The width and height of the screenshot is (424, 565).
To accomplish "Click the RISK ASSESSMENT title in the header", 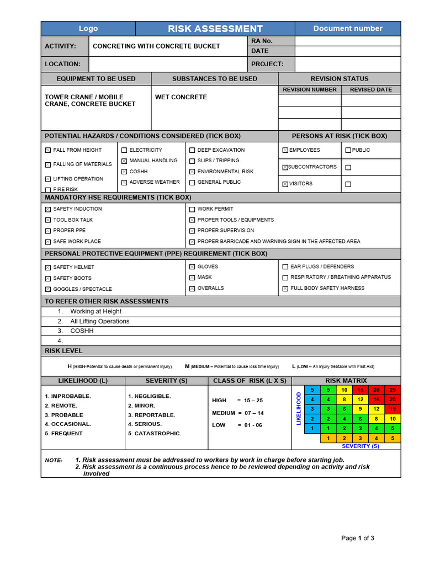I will pos(215,29).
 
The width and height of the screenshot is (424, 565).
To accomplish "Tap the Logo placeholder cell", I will pos(88,29).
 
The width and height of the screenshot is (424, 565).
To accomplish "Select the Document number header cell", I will pos(348,29).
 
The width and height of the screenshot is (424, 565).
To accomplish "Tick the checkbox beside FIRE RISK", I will pos(48,190).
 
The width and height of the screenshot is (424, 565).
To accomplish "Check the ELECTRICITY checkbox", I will pos(124,150).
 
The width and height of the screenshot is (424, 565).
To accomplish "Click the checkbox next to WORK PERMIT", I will pos(192,209).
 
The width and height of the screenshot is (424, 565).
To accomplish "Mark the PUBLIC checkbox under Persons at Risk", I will pos(348,150).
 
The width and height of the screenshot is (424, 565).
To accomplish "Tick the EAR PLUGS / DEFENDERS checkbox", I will pos(285,267).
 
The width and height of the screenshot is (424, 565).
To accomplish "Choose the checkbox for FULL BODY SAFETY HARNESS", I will pos(285,289).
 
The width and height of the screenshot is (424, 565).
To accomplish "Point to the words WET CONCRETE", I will pos(181,97).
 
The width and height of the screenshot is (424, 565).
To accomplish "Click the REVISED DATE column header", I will pos(371,89).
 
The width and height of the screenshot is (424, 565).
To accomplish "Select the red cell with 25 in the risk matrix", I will pos(393,390).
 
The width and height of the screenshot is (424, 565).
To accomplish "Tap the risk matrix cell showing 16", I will pos(377,399).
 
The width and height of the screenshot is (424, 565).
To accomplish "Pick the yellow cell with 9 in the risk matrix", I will pos(360,409).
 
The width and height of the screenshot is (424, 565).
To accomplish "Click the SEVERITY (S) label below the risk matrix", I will pos(361,446).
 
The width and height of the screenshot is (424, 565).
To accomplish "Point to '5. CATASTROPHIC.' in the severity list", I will pos(155,434).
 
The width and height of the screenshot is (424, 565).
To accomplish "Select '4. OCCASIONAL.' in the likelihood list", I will pos(68,424).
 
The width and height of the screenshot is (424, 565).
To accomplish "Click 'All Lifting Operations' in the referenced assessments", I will pos(100,321).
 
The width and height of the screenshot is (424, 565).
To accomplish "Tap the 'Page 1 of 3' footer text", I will pos(358,538).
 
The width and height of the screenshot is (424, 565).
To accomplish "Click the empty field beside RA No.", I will pos(348,41).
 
